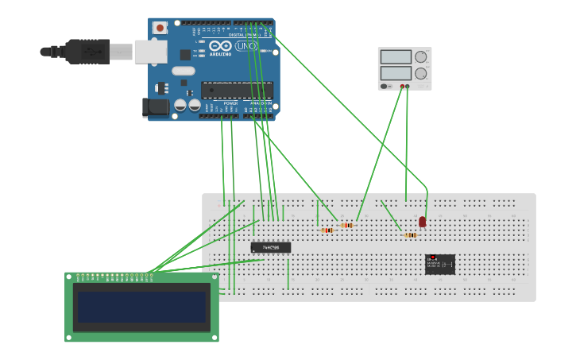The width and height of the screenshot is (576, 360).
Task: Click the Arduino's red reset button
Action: pyautogui.click(x=160, y=28)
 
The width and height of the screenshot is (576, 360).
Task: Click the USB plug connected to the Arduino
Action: pyautogui.click(x=87, y=51)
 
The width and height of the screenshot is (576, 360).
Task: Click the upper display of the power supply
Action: pyautogui.click(x=396, y=57)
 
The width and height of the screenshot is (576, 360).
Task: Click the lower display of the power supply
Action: pyautogui.click(x=396, y=73)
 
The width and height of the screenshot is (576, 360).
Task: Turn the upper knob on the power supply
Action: pyautogui.click(x=420, y=56)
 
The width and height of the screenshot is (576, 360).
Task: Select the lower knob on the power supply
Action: pyautogui.click(x=420, y=73)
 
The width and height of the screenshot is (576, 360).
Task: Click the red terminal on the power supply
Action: pyautogui.click(x=408, y=86)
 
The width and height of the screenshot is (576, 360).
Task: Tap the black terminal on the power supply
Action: pyautogui.click(x=402, y=86)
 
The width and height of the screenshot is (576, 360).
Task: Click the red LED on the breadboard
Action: pyautogui.click(x=422, y=221)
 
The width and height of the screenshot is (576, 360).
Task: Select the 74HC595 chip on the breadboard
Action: pyautogui.click(x=271, y=247)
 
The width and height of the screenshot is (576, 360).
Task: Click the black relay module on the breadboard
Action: pyautogui.click(x=440, y=264)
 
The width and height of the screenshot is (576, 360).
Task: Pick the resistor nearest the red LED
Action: pyautogui.click(x=410, y=235)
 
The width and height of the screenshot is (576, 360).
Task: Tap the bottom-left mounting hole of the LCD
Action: pyautogui.click(x=70, y=337)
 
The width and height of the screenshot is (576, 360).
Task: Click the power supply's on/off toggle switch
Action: pyautogui.click(x=385, y=86)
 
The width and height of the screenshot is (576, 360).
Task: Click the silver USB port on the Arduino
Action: pyautogui.click(x=149, y=52)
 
